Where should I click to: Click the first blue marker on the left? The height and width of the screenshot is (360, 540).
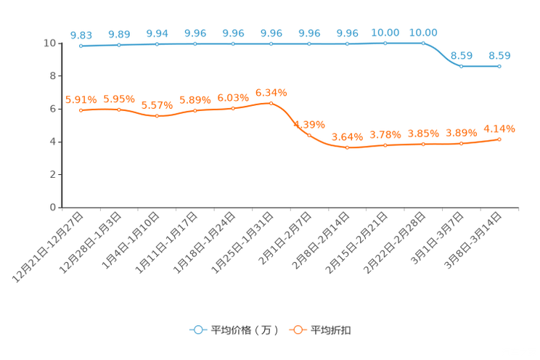pyautogui.click(x=81, y=46)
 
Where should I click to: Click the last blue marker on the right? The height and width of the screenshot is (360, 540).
pyautogui.click(x=499, y=66)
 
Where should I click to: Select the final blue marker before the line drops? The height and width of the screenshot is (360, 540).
pyautogui.click(x=423, y=43)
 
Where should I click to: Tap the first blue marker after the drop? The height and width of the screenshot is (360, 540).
pyautogui.click(x=461, y=66)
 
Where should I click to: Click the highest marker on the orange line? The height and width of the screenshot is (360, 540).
pyautogui.click(x=271, y=103)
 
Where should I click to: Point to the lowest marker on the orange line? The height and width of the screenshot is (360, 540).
pyautogui.click(x=348, y=147)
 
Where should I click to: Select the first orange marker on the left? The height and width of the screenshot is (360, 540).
pyautogui.click(x=81, y=110)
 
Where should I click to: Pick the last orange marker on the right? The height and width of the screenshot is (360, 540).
pyautogui.click(x=499, y=139)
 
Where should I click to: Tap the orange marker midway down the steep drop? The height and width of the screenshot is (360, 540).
pyautogui.click(x=309, y=135)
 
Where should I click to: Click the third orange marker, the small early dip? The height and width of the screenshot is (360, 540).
pyautogui.click(x=157, y=115)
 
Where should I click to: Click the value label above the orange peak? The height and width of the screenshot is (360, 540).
pyautogui.click(x=271, y=93)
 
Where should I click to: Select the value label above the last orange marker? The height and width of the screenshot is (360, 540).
pyautogui.click(x=499, y=128)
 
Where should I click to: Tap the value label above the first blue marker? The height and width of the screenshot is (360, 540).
pyautogui.click(x=81, y=35)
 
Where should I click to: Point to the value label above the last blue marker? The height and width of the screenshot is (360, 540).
pyautogui.click(x=499, y=55)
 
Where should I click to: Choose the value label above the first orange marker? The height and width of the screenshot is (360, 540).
pyautogui.click(x=81, y=100)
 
